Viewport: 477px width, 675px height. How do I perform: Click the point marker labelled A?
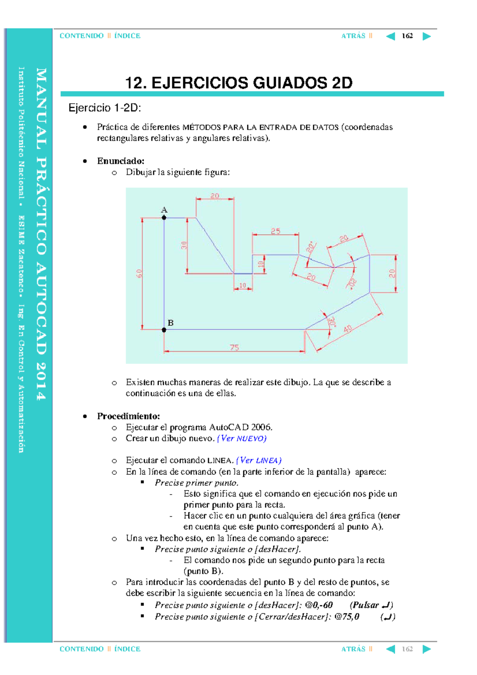click(164, 217)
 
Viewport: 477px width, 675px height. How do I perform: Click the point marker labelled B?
click(164, 330)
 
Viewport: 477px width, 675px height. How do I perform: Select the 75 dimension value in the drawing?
click(234, 347)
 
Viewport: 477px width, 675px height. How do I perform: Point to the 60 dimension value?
click(139, 273)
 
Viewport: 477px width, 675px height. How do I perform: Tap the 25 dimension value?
click(275, 231)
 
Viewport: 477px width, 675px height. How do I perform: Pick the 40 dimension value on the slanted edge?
click(347, 329)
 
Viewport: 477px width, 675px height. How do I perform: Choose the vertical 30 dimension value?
click(184, 245)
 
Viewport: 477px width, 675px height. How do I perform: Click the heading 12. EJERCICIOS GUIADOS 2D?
click(238, 83)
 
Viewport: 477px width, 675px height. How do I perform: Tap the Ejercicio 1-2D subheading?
click(105, 108)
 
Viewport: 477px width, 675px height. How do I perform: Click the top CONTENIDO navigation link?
click(81, 36)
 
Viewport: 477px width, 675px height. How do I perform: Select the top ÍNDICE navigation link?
click(127, 36)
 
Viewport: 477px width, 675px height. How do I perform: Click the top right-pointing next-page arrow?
click(427, 37)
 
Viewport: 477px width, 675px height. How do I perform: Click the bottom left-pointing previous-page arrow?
click(390, 649)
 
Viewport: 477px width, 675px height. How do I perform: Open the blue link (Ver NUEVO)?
click(242, 438)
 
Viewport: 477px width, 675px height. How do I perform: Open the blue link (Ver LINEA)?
click(259, 460)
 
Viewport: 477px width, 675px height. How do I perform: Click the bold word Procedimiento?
click(128, 416)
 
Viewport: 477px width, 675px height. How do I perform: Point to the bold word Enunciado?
click(120, 161)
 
